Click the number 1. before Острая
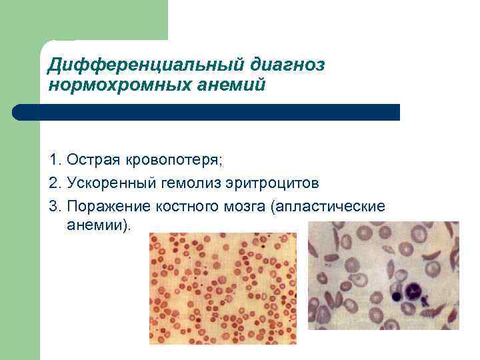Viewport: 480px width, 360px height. (x=55, y=161)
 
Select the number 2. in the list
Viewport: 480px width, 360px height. (x=55, y=183)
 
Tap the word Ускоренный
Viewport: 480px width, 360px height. (x=109, y=183)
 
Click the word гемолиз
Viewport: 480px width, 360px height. (x=190, y=183)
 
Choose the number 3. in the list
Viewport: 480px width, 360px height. (x=55, y=205)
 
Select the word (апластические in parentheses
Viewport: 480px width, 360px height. (x=327, y=205)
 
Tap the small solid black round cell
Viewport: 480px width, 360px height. (x=397, y=295)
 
